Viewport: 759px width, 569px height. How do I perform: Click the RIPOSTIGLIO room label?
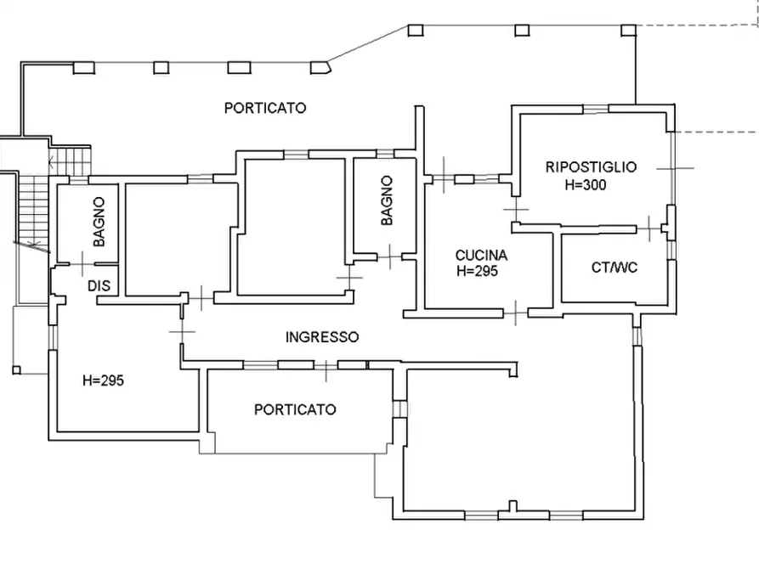tap(591, 167)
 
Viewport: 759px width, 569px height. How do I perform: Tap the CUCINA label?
tap(481, 255)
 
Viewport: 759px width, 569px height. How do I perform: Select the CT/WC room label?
tap(615, 267)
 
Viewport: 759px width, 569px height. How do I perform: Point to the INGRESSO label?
tap(322, 337)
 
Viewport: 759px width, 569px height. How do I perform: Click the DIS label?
tap(99, 285)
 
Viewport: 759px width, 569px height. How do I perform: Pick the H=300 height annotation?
tap(586, 184)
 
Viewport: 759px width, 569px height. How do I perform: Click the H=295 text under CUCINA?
tap(477, 271)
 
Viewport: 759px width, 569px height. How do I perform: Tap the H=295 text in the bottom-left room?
tap(103, 380)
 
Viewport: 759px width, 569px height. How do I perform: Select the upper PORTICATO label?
tap(265, 107)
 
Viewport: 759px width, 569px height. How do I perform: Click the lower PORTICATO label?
tap(295, 409)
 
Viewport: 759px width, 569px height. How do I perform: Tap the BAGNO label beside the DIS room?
tap(99, 222)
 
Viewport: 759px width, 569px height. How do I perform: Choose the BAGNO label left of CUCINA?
tap(387, 200)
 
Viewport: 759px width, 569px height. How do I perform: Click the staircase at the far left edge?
tap(35, 209)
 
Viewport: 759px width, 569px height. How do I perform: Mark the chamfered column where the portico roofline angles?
tap(320, 67)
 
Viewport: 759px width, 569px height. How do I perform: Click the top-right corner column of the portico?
tap(628, 31)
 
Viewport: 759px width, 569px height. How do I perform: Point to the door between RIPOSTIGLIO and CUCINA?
tap(516, 210)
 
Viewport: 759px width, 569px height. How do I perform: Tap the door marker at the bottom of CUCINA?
tap(516, 313)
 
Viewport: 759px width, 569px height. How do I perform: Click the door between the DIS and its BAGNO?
tap(82, 264)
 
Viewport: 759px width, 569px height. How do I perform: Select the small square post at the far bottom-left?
tap(16, 370)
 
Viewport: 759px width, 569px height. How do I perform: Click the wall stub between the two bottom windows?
tap(513, 507)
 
